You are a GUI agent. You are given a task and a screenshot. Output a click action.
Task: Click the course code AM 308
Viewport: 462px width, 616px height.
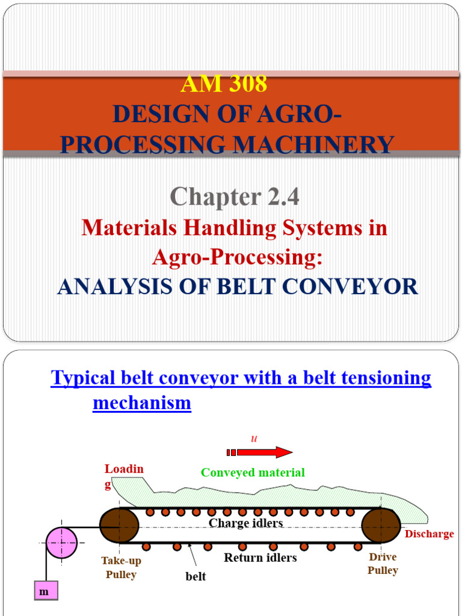pyautogui.click(x=224, y=84)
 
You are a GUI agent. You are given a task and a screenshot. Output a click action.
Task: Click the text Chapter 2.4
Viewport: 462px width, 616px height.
pyautogui.click(x=234, y=196)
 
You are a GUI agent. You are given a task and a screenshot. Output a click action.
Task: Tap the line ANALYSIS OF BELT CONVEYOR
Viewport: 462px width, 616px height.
pyautogui.click(x=238, y=286)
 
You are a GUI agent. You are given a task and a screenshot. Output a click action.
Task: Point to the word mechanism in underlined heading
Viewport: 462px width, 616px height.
pyautogui.click(x=142, y=402)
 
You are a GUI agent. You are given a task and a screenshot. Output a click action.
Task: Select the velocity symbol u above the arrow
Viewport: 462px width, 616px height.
pyautogui.click(x=254, y=439)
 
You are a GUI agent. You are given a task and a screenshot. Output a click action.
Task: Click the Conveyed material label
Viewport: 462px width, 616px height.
pyautogui.click(x=253, y=472)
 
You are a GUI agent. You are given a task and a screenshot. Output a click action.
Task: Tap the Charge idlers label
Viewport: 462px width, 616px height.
pyautogui.click(x=245, y=523)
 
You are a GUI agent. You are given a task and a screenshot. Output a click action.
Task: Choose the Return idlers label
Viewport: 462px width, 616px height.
pyautogui.click(x=260, y=558)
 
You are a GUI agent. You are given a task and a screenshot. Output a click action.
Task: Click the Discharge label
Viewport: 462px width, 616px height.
pyautogui.click(x=429, y=534)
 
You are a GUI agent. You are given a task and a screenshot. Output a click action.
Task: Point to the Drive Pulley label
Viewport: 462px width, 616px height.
pyautogui.click(x=383, y=564)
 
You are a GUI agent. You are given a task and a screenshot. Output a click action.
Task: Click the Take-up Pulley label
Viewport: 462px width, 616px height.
pyautogui.click(x=121, y=567)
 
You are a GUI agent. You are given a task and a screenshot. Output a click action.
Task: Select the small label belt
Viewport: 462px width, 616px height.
pyautogui.click(x=196, y=576)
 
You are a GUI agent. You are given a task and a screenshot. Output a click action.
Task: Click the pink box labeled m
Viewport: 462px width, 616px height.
pyautogui.click(x=45, y=591)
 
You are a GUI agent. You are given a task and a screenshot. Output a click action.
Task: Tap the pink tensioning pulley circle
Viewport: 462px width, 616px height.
pyautogui.click(x=61, y=542)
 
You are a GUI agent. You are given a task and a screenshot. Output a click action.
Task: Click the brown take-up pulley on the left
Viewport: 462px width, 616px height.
pyautogui.click(x=119, y=526)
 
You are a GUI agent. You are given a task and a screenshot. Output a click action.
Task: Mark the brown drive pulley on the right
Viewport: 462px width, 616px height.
pyautogui.click(x=381, y=526)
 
